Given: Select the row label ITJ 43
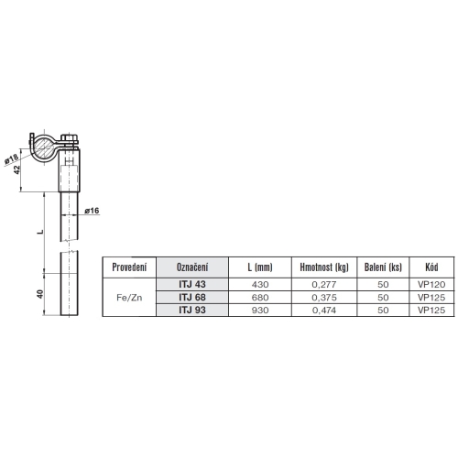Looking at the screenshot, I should tap(191, 284).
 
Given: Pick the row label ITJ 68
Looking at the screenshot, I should tap(191, 297).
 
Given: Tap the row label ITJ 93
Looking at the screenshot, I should tap(191, 310).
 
